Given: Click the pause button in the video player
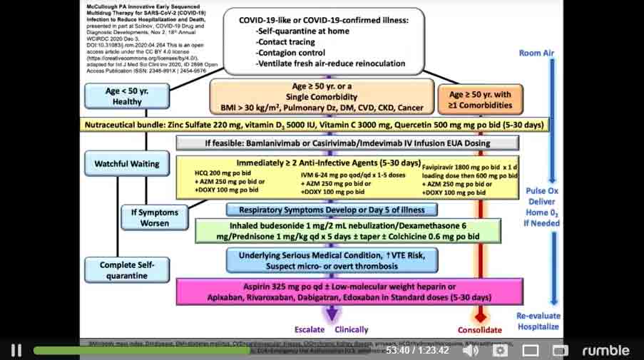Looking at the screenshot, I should (16, 350).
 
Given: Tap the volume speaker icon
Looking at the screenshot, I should (470, 350).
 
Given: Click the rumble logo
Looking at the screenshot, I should (605, 350).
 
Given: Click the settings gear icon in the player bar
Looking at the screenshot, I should (501, 350).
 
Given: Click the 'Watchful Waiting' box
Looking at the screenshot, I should (127, 163).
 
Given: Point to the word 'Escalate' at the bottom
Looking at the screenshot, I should (309, 329).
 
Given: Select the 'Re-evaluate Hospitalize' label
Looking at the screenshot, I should (539, 322).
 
